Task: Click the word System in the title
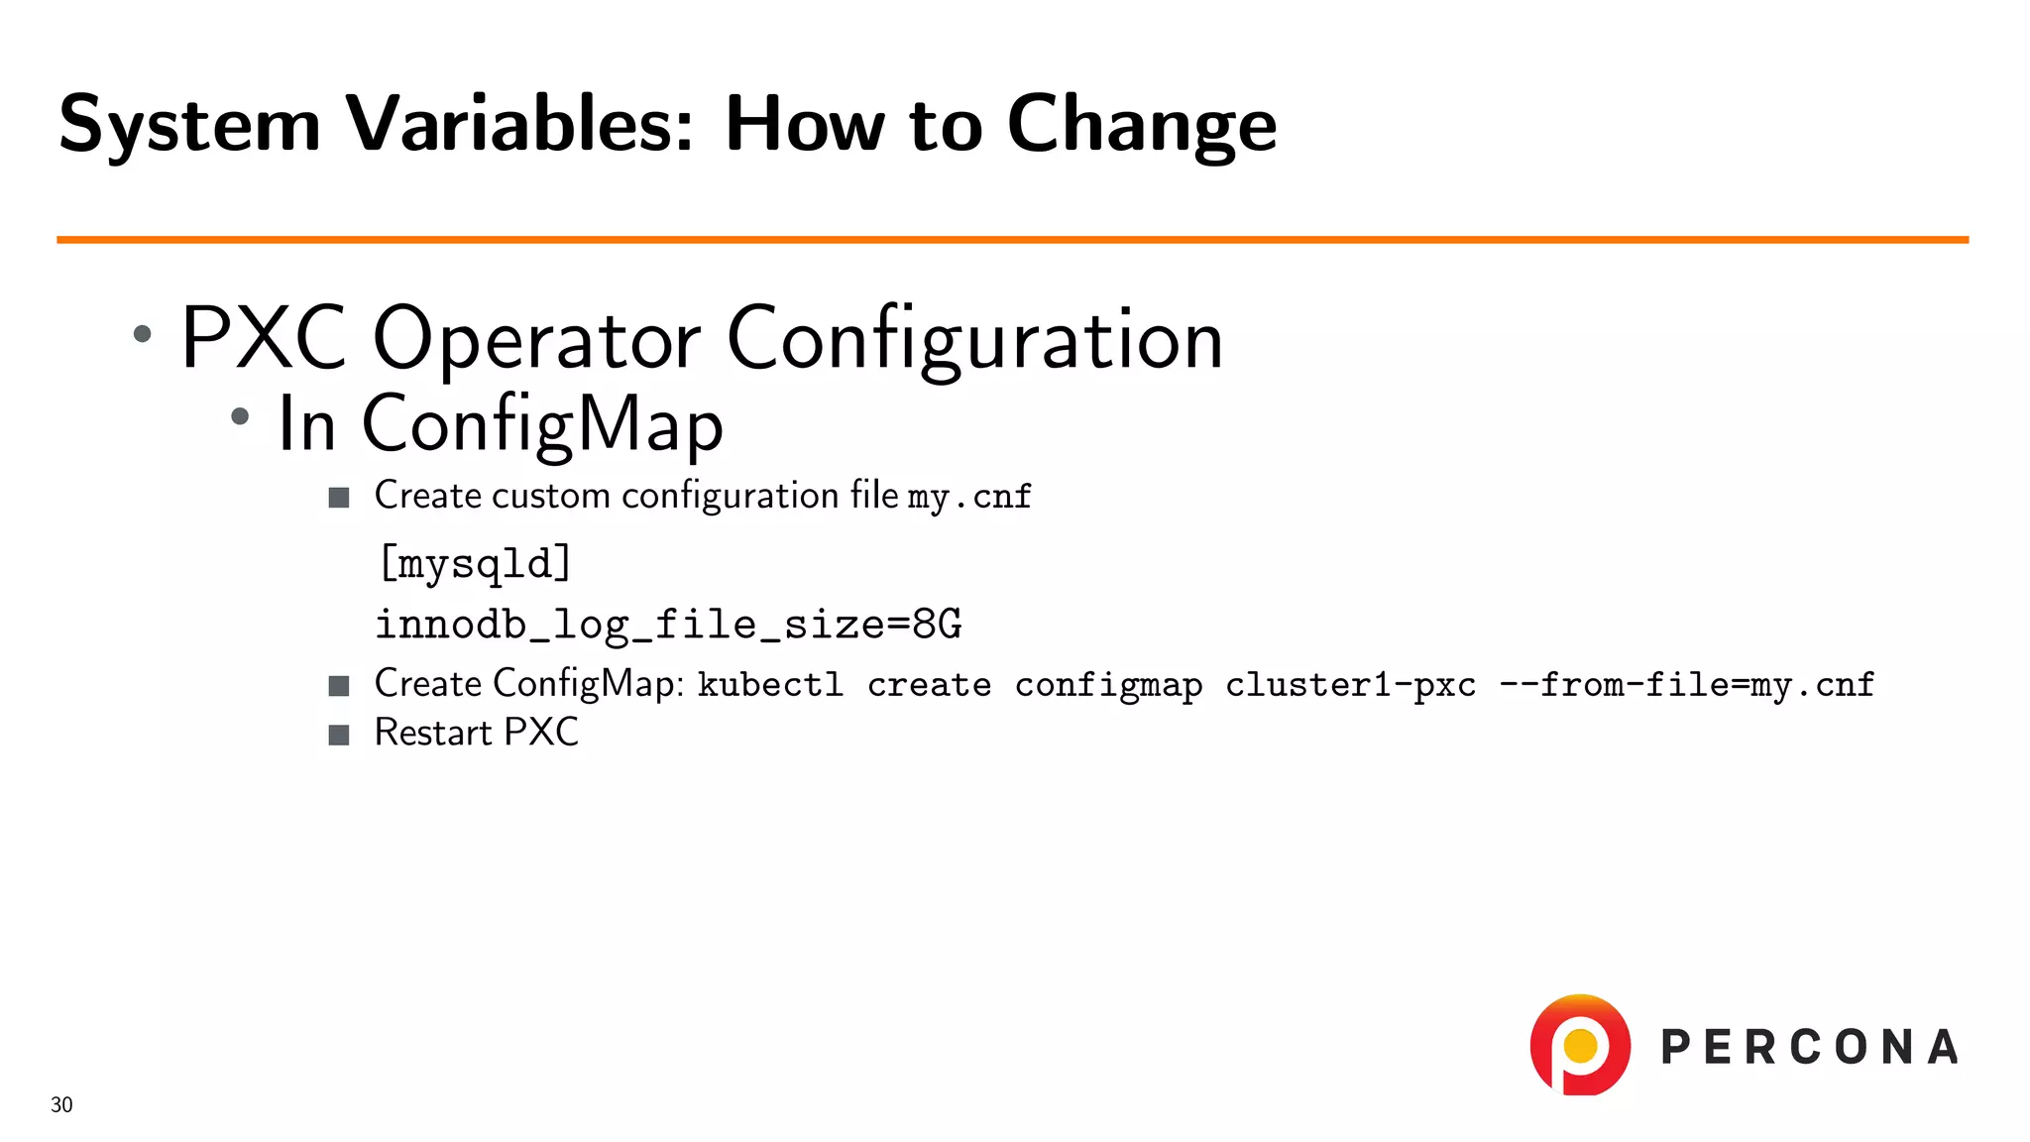click(189, 126)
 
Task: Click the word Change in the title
click(1141, 126)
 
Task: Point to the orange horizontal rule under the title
click(1011, 239)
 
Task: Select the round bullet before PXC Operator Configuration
click(143, 334)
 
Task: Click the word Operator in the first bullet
click(536, 340)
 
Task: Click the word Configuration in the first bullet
click(974, 340)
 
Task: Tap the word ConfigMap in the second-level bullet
click(542, 424)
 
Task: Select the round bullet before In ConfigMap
click(240, 417)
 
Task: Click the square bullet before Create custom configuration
click(339, 497)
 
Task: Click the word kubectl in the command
click(770, 685)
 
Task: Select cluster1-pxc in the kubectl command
click(1350, 685)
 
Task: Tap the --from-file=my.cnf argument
click(1686, 685)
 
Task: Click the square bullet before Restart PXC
click(339, 735)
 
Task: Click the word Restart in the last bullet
click(433, 733)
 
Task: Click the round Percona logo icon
click(1580, 1045)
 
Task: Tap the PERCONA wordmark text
click(1809, 1048)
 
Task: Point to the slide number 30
click(61, 1104)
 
